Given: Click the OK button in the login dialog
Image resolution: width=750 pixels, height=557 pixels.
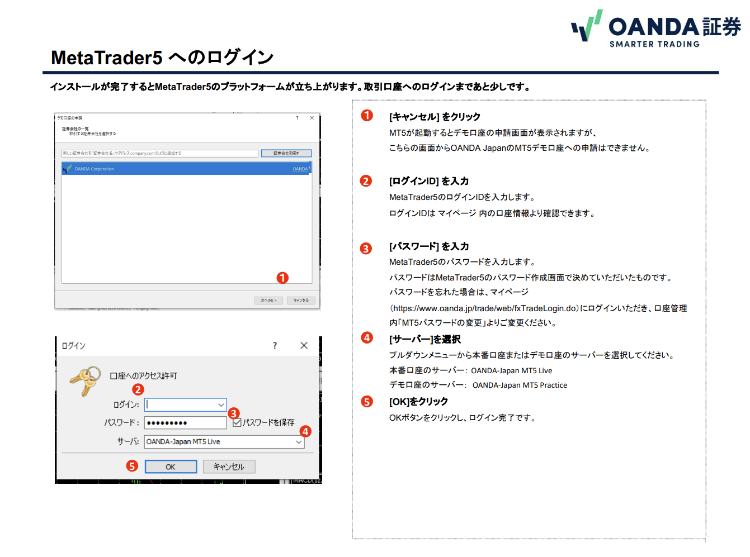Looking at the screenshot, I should tap(171, 466).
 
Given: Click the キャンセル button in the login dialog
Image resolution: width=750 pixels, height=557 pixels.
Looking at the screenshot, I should tap(229, 466).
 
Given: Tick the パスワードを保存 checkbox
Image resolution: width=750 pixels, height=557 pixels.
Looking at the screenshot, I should tap(237, 422).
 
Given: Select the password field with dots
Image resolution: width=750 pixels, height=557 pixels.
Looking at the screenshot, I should tap(185, 423).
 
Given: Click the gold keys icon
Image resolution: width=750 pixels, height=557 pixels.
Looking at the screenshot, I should tap(85, 380).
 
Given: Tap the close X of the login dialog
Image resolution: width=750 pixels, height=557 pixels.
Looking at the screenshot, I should tap(304, 346).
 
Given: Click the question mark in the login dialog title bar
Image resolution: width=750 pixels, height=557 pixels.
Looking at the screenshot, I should tap(275, 346).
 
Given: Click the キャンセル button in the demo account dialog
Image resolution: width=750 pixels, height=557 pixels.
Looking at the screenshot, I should tap(301, 301).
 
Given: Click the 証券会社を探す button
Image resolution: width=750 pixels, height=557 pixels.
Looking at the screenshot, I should tap(286, 153).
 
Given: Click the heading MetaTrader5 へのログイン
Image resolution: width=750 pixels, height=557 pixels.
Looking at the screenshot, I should tap(162, 58).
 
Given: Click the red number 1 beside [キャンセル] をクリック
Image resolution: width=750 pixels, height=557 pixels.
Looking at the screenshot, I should tap(367, 116).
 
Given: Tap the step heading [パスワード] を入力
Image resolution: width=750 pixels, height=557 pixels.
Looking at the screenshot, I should tap(429, 246).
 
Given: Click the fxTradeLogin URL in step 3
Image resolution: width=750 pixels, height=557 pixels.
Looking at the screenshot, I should tap(484, 308).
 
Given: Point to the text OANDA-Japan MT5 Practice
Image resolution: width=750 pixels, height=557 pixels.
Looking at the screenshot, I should tap(520, 385).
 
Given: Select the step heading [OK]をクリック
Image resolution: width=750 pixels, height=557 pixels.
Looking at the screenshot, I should tap(418, 402).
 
